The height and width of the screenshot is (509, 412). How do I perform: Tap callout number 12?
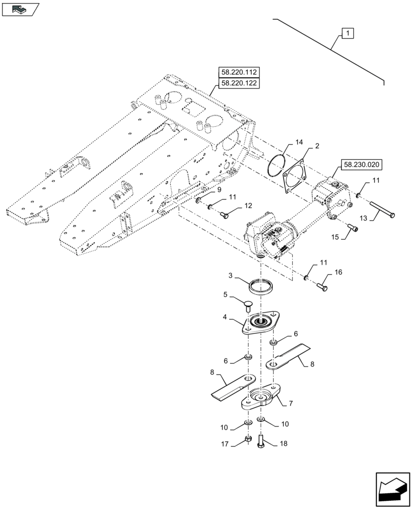pos(248,206)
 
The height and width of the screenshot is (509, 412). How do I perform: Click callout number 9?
pos(219,190)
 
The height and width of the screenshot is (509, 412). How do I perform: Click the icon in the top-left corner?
pos(20,9)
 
